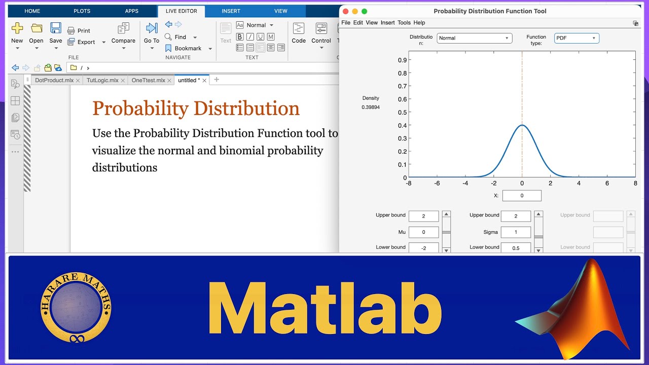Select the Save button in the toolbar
56,33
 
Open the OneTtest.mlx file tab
148,81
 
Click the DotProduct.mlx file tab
54,81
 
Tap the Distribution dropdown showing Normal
474,38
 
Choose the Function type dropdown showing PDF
576,38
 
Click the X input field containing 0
522,196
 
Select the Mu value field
423,232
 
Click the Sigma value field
516,232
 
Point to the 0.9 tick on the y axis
402,60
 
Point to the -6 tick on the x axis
437,184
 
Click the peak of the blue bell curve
522,125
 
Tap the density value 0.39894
371,107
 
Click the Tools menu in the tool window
404,23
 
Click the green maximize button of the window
364,11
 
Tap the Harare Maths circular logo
76,307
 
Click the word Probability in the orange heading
140,108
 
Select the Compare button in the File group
123,33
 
